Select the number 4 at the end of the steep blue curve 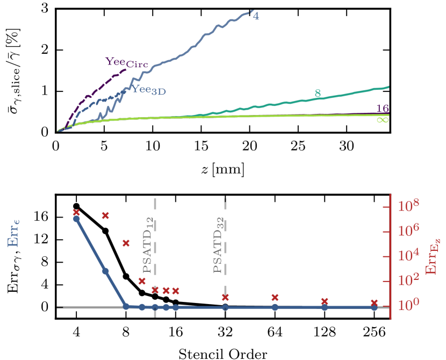256,16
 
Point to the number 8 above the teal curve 318,93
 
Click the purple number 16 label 382,109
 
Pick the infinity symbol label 382,120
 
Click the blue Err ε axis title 15,236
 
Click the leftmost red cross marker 76,212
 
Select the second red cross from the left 105,215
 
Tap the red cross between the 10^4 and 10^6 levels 126,243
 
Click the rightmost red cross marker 374,303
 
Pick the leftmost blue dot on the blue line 77,219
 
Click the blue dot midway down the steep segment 106,271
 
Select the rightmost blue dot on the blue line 374,307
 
